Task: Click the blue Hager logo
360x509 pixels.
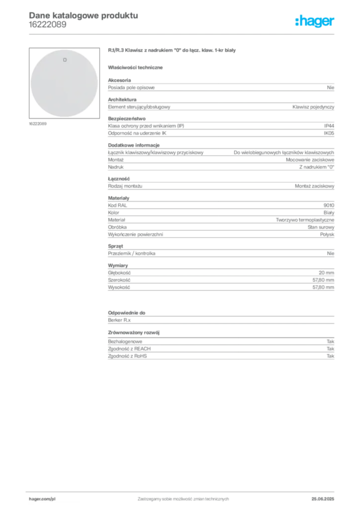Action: pos(315,22)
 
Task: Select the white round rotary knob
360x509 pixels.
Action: pos(64,84)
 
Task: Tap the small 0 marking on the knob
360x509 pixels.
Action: pos(65,60)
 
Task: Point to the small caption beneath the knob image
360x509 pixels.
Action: pos(37,124)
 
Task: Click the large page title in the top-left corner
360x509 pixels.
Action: pos(83,15)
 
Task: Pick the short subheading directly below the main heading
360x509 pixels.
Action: pos(137,67)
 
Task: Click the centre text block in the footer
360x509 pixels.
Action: pos(184,497)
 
